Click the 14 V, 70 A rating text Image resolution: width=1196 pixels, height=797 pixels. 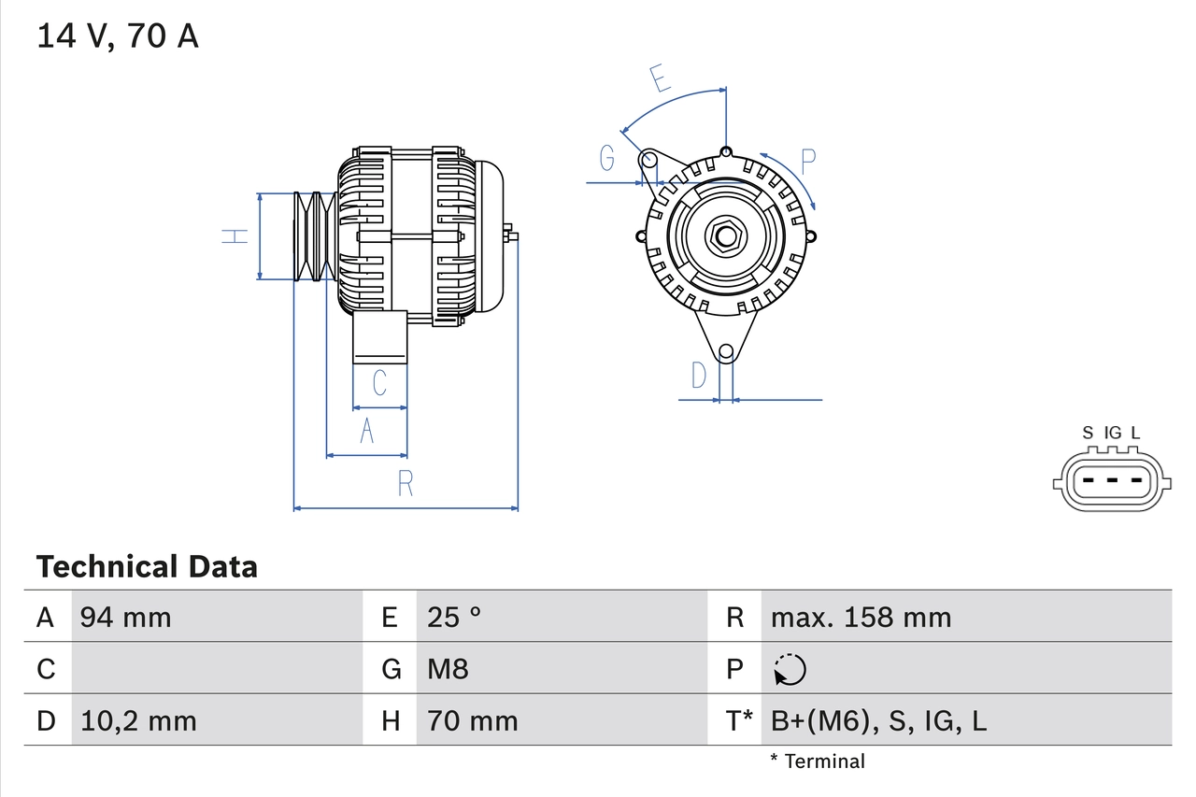pos(117,36)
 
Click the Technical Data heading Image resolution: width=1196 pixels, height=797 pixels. pos(147,567)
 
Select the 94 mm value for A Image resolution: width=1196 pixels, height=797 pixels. pos(125,618)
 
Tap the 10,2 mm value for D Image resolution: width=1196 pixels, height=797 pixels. pos(138,720)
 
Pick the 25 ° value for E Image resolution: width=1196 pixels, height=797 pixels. pos(454,618)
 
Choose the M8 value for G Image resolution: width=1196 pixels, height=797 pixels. pos(448,669)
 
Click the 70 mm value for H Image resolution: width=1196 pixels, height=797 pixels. pos(472,720)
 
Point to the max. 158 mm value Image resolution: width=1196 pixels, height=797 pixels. pos(861,618)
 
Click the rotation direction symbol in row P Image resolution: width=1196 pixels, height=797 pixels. pos(790,669)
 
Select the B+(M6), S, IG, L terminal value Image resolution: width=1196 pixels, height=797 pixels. pos(878,720)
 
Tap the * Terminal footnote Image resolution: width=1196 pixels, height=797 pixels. pos(818,761)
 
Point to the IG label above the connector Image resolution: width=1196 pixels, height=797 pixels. pos(1112,433)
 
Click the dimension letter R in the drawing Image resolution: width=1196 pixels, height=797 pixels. pos(406,483)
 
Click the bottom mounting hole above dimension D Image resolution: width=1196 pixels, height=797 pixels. pos(726,352)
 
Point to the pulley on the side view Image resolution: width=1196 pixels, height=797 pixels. pos(314,235)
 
